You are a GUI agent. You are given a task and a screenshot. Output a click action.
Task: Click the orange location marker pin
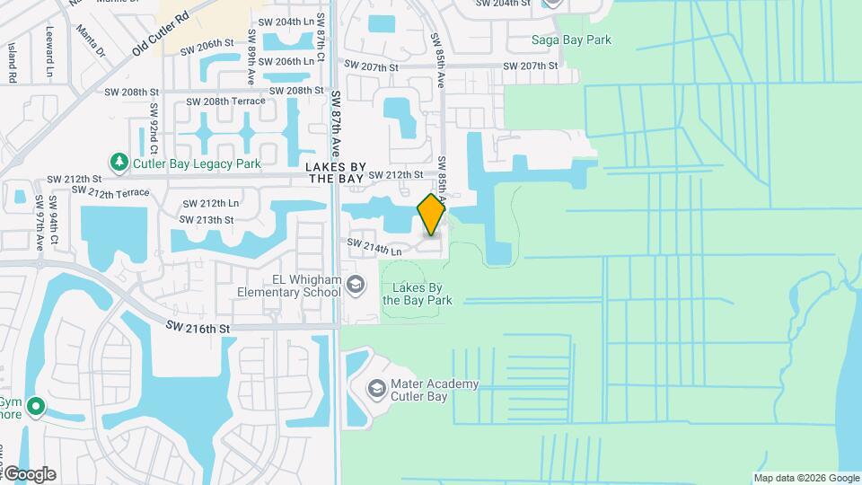[x=432, y=214]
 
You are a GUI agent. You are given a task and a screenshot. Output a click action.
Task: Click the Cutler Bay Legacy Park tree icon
[x=119, y=162]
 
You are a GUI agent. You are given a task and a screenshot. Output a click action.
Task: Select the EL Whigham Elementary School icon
[x=356, y=286]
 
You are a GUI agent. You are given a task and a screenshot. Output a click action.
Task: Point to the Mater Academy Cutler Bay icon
[x=376, y=389]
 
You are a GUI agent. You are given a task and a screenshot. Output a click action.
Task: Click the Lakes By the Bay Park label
[x=417, y=294]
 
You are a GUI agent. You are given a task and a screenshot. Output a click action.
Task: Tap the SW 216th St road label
[x=198, y=330]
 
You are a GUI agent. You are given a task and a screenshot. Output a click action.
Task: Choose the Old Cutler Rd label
[x=162, y=33]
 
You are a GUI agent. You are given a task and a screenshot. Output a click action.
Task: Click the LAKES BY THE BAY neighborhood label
[x=335, y=173]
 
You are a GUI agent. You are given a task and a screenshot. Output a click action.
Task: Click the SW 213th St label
[x=208, y=219]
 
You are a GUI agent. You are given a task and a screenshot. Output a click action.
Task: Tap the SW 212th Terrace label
[x=111, y=191]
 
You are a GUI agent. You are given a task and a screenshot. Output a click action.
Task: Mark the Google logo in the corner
[x=29, y=473]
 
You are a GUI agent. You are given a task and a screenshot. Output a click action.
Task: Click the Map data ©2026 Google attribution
[x=806, y=478]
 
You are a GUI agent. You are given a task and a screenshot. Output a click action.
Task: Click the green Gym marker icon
[x=36, y=407]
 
